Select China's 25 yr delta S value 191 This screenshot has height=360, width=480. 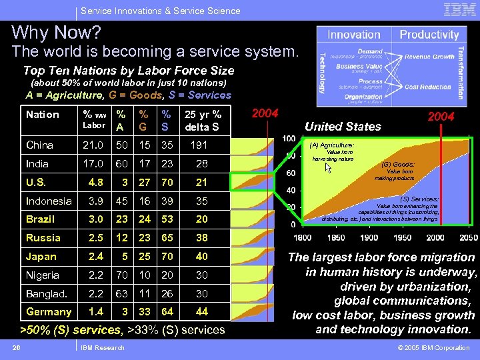point(199,145)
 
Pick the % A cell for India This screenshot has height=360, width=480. point(121,163)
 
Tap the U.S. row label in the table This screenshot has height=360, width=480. point(37,182)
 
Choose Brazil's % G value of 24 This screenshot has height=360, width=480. point(144,219)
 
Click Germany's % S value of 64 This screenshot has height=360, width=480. point(167,311)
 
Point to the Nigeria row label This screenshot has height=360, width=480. point(43,275)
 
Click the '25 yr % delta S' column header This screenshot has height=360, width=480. point(203,120)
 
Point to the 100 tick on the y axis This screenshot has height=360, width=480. point(289,138)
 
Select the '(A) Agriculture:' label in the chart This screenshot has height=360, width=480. point(331,145)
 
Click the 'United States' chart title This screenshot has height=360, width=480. point(343,126)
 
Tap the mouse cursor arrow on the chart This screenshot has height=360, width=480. point(328,167)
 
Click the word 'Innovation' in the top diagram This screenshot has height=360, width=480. point(354,35)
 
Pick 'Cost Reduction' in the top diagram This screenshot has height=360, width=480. point(427,87)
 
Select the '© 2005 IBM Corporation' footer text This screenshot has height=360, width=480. point(433,347)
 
